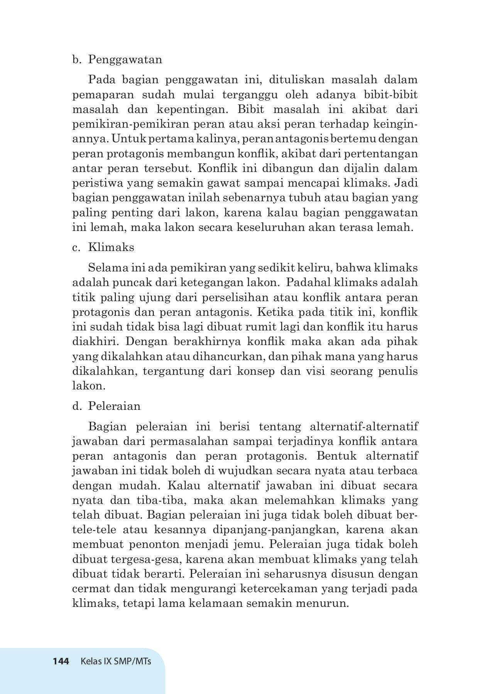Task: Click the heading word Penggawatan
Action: point(125,60)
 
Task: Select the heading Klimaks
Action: point(111,247)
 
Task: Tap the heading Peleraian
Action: point(114,406)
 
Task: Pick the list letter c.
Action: point(76,247)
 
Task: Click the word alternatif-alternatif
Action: point(364,427)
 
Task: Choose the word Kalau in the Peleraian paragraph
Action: point(184,485)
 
